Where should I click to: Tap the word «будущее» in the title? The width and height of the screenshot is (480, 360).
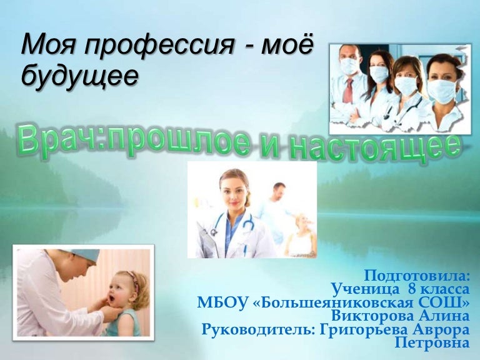pyautogui.click(x=79, y=76)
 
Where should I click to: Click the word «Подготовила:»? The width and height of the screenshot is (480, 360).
pyautogui.click(x=416, y=275)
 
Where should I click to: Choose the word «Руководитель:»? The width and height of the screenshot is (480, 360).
pyautogui.click(x=257, y=329)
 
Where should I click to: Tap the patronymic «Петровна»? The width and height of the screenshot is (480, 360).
pyautogui.click(x=432, y=342)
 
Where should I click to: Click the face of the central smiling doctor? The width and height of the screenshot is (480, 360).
pyautogui.click(x=231, y=192)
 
